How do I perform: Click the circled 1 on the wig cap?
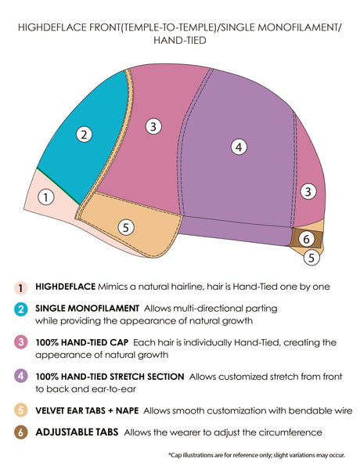[x=46, y=197]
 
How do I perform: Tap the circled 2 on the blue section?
[x=84, y=135]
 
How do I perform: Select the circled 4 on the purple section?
[x=239, y=146]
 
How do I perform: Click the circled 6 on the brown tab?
[x=307, y=239]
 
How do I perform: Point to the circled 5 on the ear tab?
[x=126, y=227]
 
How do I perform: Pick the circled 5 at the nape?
[x=311, y=258]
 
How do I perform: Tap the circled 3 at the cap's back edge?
[x=308, y=191]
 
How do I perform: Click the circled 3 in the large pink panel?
[x=153, y=126]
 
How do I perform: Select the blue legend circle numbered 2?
[x=21, y=309]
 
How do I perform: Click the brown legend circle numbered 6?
[x=21, y=432]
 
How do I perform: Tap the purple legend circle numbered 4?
[x=21, y=376]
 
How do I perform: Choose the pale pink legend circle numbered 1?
[x=21, y=287]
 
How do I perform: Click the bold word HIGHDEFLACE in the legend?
[x=65, y=287]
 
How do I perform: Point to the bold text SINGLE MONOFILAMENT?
[x=88, y=309]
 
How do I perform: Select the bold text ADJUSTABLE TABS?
[x=77, y=432]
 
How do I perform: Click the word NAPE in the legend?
[x=127, y=410]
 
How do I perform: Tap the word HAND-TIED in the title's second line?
[x=180, y=40]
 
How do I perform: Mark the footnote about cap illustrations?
[x=257, y=455]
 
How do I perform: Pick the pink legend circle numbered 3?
[x=21, y=342]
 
